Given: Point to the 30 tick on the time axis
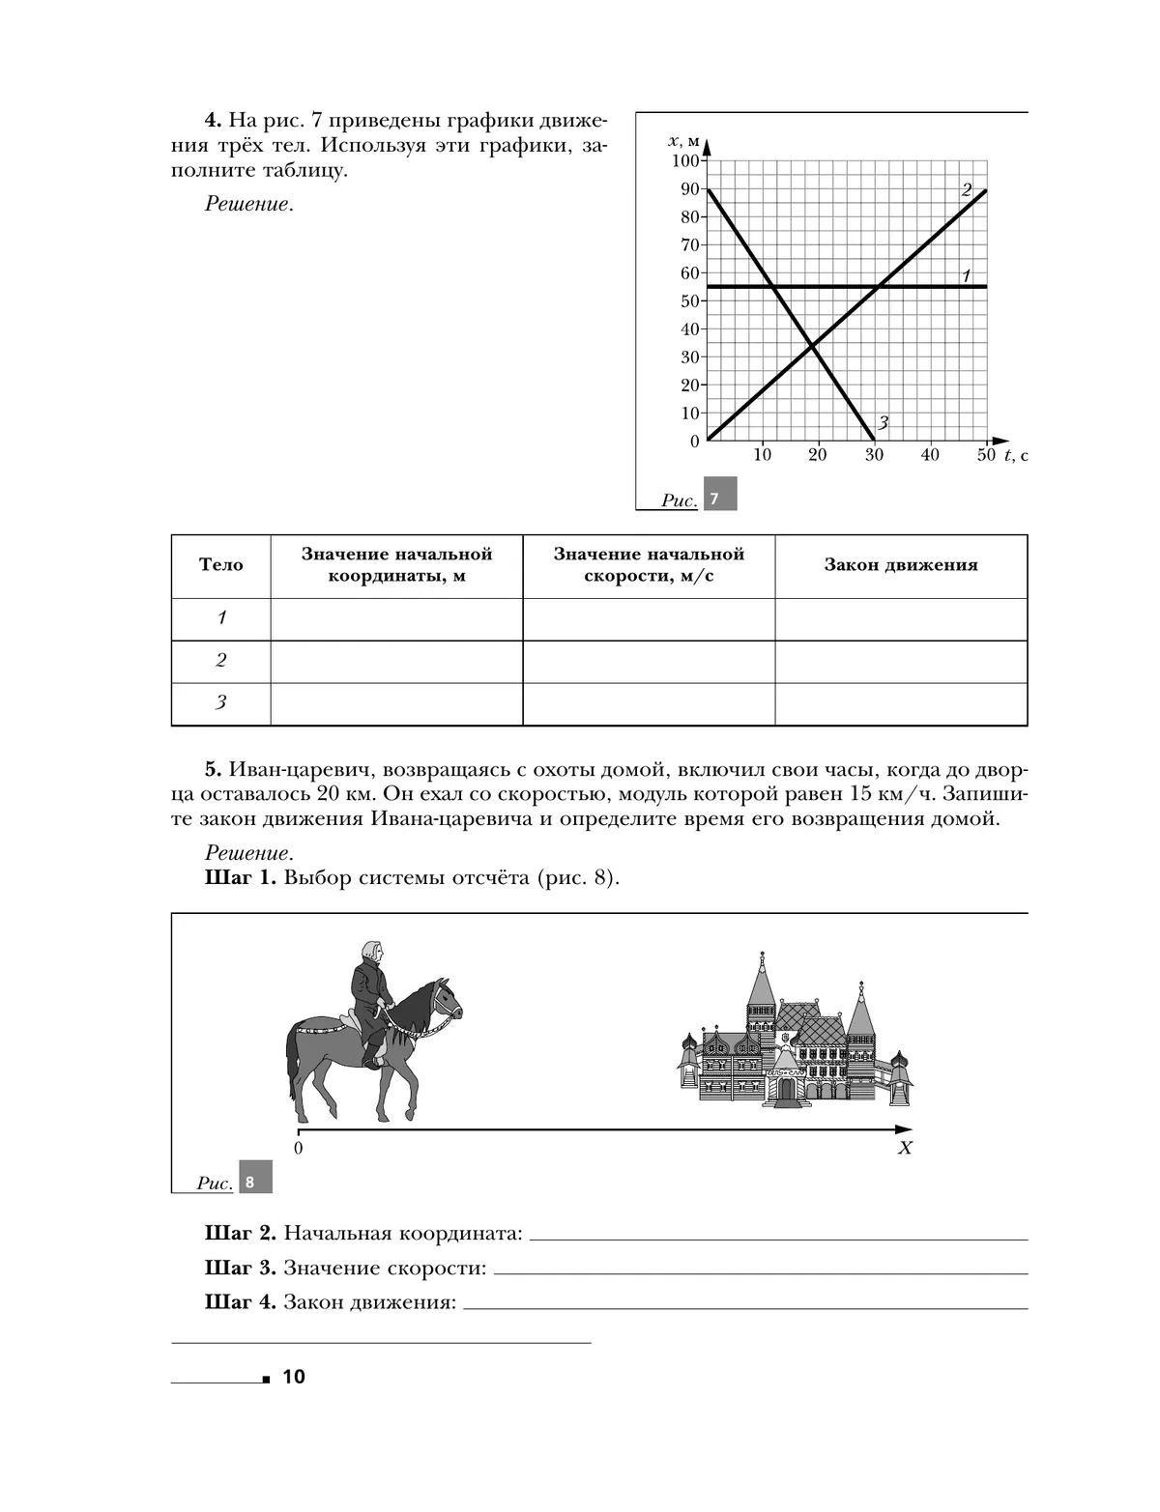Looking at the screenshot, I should tap(874, 455).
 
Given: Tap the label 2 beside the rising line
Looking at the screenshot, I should tap(966, 190).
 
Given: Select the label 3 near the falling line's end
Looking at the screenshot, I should tap(883, 422).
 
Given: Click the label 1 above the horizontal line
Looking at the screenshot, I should tap(966, 276).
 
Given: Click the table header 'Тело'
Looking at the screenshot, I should tap(221, 565).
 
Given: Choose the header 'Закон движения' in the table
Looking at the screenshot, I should tap(901, 565).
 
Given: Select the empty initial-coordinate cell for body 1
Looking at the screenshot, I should tap(396, 618).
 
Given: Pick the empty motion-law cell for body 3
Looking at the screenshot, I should tap(901, 703).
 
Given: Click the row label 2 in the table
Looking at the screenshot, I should tap(221, 661).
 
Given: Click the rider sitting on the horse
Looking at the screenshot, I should tap(371, 995).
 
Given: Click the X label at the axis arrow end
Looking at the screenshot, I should tap(906, 1149).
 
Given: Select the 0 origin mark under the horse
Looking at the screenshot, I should tap(298, 1149).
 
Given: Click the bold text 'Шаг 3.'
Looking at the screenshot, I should tap(241, 1269).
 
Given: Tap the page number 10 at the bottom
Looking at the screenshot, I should tap(294, 1377).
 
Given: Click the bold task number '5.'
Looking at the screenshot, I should tap(214, 771).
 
